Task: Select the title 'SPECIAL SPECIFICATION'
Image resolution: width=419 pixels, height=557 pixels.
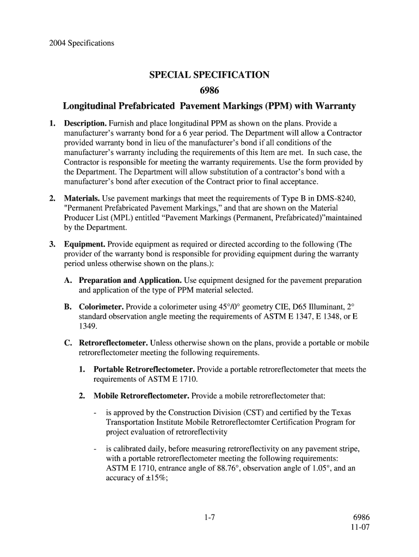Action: click(x=209, y=75)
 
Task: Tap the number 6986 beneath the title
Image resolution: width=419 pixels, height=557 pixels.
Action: click(x=209, y=90)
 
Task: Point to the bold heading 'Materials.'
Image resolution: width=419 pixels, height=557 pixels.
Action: click(x=81, y=198)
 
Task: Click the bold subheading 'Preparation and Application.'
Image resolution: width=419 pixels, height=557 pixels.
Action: click(x=130, y=280)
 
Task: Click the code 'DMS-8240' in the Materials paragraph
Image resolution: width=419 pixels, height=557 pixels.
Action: click(x=337, y=198)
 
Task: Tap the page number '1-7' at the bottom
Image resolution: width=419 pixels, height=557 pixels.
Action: click(x=209, y=517)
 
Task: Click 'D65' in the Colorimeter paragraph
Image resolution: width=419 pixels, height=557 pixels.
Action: click(x=284, y=307)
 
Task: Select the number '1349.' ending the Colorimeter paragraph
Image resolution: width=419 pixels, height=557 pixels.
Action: click(x=89, y=326)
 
